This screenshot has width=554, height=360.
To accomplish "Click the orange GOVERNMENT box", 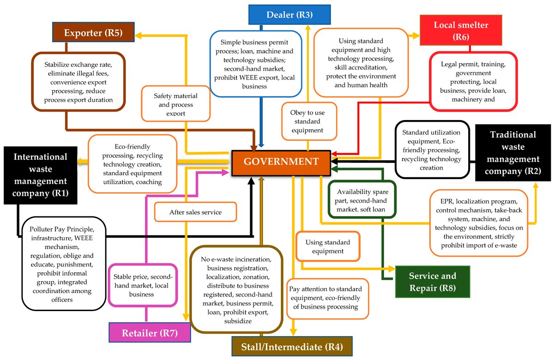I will coord(281,162).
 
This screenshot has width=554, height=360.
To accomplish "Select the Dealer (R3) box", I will coord(289,15).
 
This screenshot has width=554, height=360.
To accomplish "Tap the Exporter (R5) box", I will coord(93,33).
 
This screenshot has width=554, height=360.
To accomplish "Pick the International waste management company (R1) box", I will coord(41,175).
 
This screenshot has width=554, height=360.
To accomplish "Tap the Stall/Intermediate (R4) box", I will coord(292,346).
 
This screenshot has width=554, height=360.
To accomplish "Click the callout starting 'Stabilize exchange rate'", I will coord(78,81).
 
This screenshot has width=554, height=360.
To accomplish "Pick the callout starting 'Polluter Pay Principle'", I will coord(64,263).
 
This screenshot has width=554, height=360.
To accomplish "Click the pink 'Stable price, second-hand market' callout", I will coord(143,285).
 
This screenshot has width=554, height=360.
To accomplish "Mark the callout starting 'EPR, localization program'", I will coord(478,223).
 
